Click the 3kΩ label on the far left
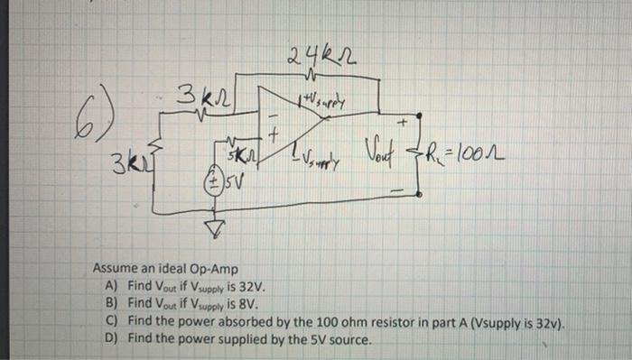pyautogui.click(x=125, y=166)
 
